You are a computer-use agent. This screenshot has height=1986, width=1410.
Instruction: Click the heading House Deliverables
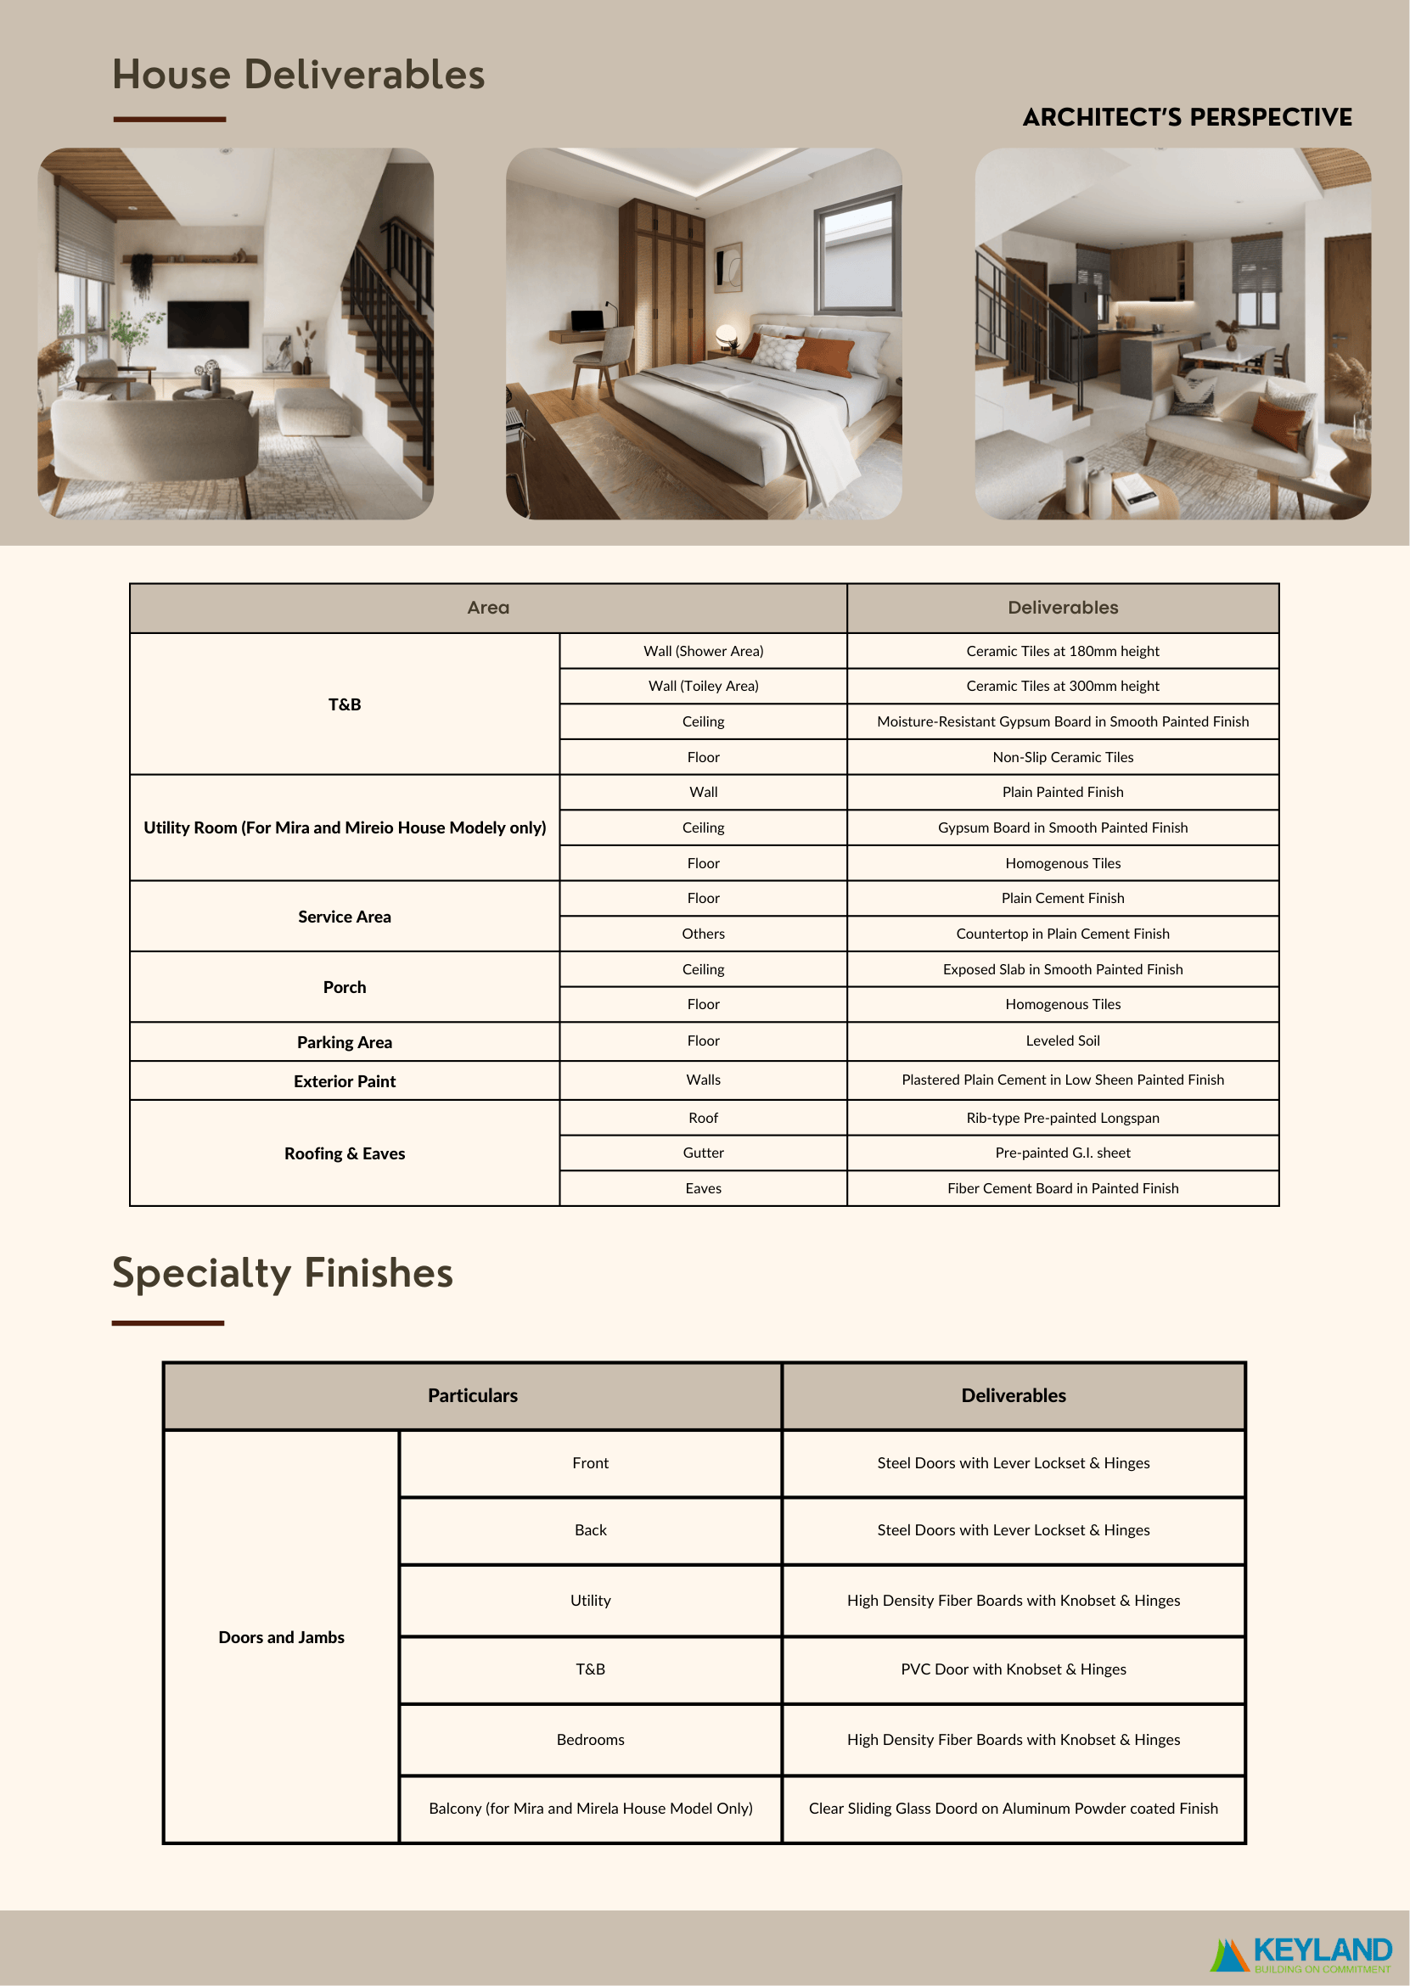(x=298, y=75)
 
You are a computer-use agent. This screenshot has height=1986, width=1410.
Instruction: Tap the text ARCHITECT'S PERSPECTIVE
(x=1186, y=117)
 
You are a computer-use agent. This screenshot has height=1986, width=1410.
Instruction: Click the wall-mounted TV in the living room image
(x=207, y=323)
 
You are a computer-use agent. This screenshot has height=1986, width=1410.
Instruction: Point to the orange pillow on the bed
(x=824, y=355)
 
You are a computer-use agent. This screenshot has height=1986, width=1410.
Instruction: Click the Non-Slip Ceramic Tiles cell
(x=1062, y=757)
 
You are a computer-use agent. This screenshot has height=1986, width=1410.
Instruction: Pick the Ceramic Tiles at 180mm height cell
(x=1062, y=651)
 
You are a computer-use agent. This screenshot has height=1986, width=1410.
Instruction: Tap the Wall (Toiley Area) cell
(x=702, y=686)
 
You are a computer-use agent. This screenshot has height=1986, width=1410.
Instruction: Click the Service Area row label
(x=344, y=917)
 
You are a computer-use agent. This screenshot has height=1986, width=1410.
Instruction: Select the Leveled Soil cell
(x=1062, y=1041)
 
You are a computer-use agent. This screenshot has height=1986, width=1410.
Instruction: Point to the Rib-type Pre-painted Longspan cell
(x=1062, y=1118)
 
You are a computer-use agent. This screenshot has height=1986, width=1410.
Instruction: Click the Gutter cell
(x=702, y=1153)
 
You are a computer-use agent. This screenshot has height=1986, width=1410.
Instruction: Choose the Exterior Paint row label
(x=344, y=1081)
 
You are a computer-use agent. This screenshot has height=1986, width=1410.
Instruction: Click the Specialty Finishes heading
(x=282, y=1273)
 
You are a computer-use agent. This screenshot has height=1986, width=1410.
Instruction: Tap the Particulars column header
(x=472, y=1396)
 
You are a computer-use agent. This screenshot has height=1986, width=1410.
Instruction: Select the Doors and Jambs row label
(x=281, y=1637)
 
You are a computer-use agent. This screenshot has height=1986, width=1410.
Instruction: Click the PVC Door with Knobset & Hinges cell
(x=1013, y=1669)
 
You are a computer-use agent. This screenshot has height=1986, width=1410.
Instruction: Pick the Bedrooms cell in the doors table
(x=590, y=1740)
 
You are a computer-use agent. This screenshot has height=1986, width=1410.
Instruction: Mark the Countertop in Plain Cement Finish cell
(x=1062, y=934)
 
